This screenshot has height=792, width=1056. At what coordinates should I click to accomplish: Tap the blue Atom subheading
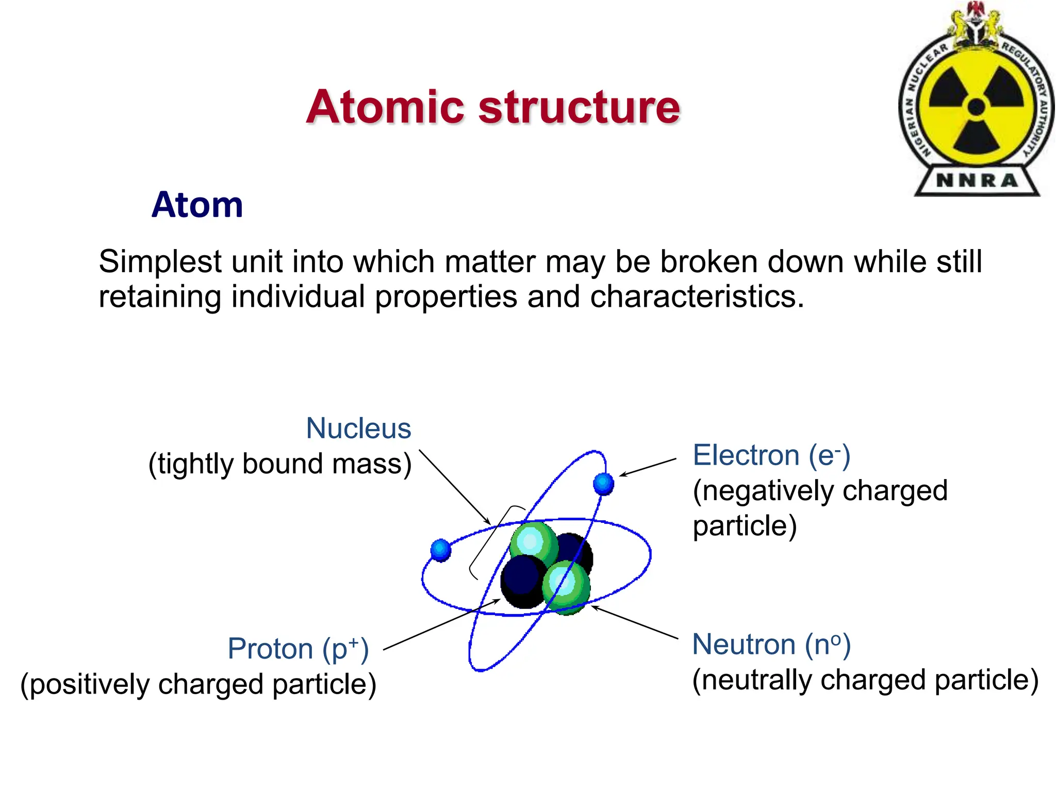pyautogui.click(x=197, y=205)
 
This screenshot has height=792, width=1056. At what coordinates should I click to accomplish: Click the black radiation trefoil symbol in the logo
pyautogui.click(x=976, y=108)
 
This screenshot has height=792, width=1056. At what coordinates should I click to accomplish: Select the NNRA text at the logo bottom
pyautogui.click(x=977, y=180)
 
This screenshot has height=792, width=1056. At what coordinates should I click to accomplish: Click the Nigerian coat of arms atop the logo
pyautogui.click(x=976, y=23)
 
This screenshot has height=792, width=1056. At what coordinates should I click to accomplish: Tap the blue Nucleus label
pyautogui.click(x=358, y=428)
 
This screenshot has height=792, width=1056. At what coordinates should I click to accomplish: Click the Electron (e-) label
pyautogui.click(x=771, y=455)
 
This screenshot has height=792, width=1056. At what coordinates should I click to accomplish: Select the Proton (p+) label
pyautogui.click(x=298, y=649)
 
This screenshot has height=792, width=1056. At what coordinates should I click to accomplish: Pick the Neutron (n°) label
pyautogui.click(x=771, y=645)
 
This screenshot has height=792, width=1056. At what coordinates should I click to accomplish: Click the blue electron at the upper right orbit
pyautogui.click(x=603, y=484)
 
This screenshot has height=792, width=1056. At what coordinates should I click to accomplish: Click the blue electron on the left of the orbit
pyautogui.click(x=441, y=550)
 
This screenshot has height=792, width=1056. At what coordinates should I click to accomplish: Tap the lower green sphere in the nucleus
pyautogui.click(x=566, y=587)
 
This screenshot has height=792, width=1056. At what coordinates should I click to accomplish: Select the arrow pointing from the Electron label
pyautogui.click(x=648, y=467)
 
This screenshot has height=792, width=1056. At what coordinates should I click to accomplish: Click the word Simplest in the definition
pyautogui.click(x=160, y=262)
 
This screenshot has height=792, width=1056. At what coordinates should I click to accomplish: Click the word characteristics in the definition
pyautogui.click(x=696, y=297)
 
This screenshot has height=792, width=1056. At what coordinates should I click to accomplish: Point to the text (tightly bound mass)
pyautogui.click(x=280, y=464)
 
